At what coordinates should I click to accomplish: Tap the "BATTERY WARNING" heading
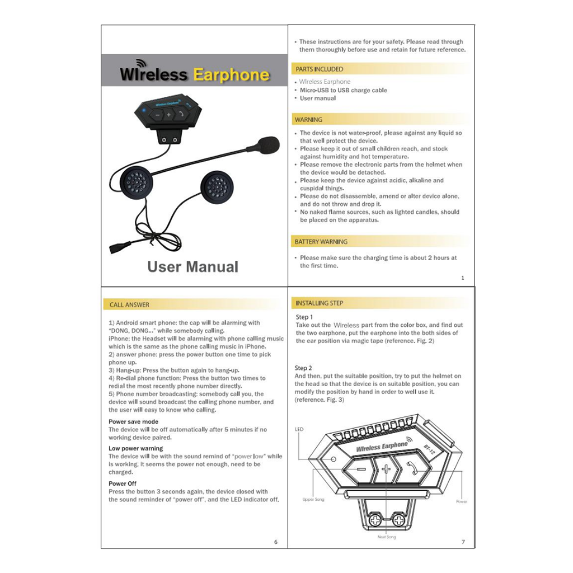[x=321, y=242]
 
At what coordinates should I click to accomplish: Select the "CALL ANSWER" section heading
[x=129, y=305]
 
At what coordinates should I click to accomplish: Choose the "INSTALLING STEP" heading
[x=320, y=303]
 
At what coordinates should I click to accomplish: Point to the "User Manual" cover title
[x=192, y=267]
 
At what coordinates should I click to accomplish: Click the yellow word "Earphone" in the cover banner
[x=231, y=75]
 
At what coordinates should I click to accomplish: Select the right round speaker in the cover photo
[x=217, y=187]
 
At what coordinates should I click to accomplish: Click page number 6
[x=276, y=542]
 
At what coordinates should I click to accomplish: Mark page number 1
[x=463, y=278]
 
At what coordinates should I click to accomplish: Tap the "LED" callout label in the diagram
[x=299, y=429]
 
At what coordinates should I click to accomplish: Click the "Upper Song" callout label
[x=313, y=499]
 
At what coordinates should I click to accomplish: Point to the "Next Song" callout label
[x=386, y=537]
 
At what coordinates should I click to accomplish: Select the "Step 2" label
[x=303, y=368]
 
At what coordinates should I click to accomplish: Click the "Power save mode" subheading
[x=133, y=422]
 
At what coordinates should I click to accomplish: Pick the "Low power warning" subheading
[x=136, y=449]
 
